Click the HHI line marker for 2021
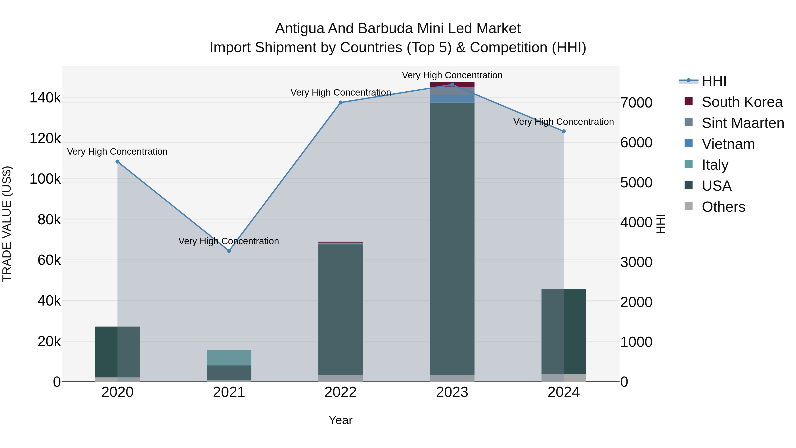pos(229,251)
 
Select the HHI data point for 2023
pos(452,85)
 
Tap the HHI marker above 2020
pos(117,162)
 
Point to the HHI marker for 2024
pos(564,131)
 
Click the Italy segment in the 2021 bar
pos(229,358)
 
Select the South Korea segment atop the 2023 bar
pos(452,85)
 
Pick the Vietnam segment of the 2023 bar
pos(452,99)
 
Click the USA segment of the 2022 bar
pos(341,309)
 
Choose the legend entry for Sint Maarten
pos(742,123)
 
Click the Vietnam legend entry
pos(728,144)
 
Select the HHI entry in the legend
pos(714,81)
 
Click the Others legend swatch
pos(689,206)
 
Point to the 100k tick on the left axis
pos(45,179)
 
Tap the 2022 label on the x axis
pos(341,392)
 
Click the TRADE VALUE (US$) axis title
pos(7,224)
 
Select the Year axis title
pos(341,420)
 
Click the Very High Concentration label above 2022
pos(341,92)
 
